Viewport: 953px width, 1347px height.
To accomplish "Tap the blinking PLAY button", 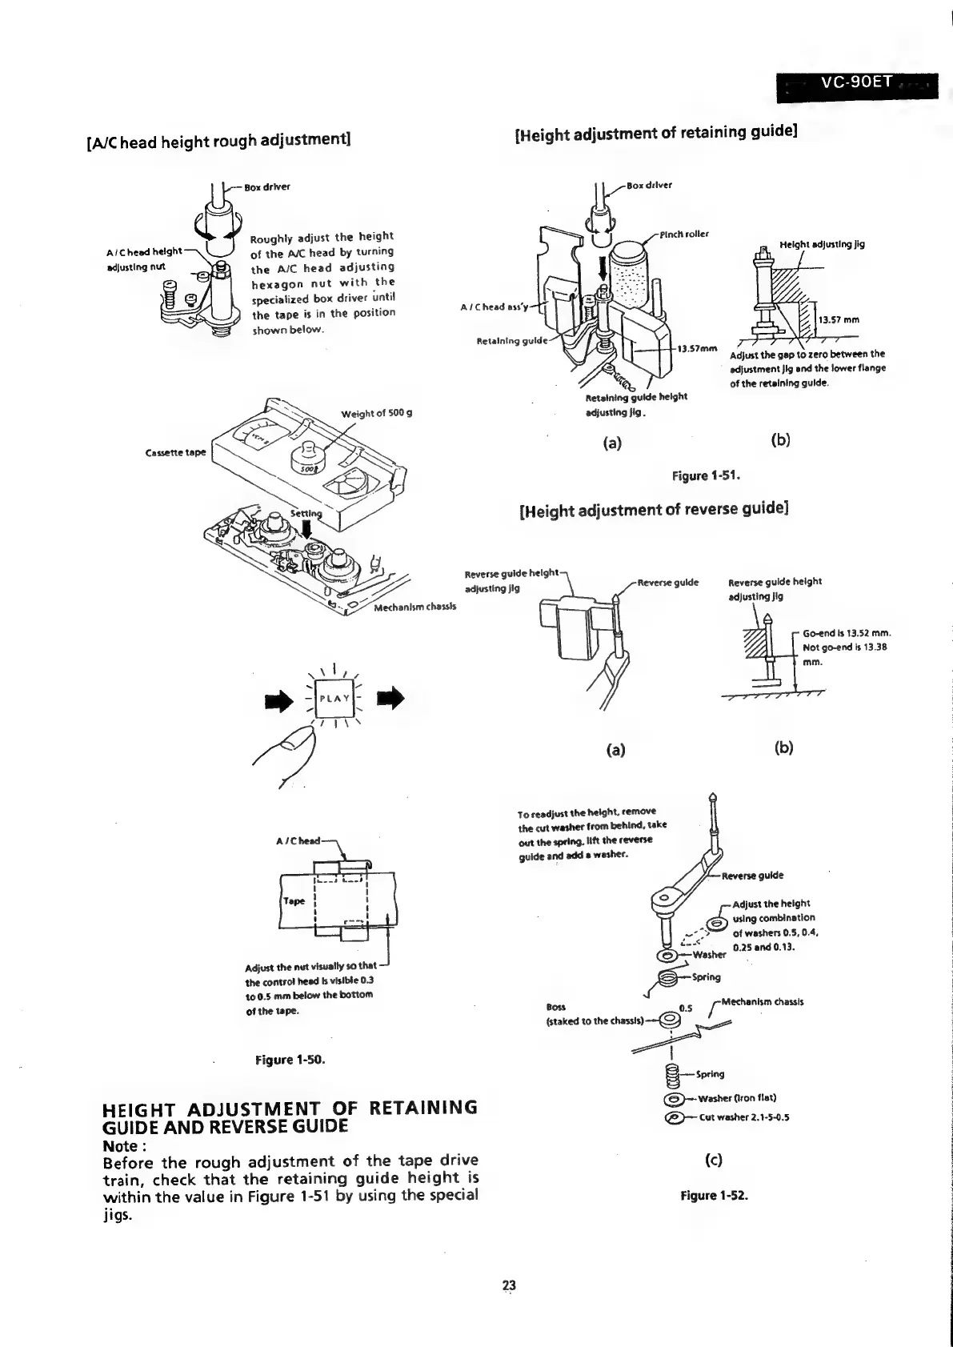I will point(334,698).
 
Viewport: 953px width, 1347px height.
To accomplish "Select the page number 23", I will point(509,1285).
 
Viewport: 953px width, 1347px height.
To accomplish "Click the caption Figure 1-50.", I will point(290,1060).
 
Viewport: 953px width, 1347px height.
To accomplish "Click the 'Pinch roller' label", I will point(684,234).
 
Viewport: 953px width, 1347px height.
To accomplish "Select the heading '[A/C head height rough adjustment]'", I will point(219,141).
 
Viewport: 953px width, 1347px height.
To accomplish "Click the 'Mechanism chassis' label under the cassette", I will point(415,607).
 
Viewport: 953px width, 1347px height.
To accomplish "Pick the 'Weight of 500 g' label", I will point(376,413).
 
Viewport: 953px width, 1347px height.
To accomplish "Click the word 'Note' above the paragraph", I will point(121,1145).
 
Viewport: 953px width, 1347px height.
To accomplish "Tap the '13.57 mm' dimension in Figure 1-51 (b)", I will point(839,320).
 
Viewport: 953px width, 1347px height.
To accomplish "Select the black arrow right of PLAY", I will point(393,699).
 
